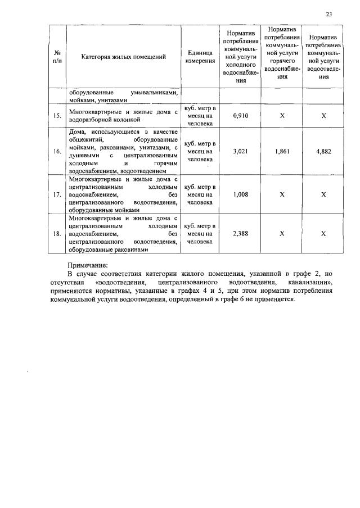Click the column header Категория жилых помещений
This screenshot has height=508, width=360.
(x=124, y=57)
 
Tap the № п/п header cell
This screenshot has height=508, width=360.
(x=57, y=57)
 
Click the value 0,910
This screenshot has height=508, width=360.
(x=240, y=116)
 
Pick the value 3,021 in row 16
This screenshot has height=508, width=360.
(x=240, y=151)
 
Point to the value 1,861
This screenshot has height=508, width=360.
(x=282, y=151)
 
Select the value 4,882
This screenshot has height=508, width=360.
(x=323, y=151)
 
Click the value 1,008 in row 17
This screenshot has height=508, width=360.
(x=240, y=194)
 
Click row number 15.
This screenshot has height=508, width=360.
(x=57, y=116)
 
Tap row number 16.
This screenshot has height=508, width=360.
(x=57, y=151)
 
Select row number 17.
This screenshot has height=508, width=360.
(x=57, y=194)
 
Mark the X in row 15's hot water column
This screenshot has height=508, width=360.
(x=282, y=116)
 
